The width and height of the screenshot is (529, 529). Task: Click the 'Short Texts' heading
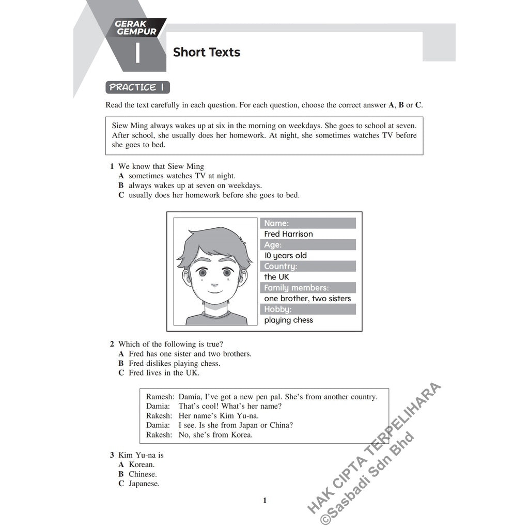click(206, 52)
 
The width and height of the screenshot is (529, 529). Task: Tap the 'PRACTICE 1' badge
click(137, 87)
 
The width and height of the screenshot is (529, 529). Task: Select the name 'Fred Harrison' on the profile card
click(288, 234)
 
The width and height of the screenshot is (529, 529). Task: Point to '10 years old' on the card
click(285, 256)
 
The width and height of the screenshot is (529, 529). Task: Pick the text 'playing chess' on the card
click(288, 320)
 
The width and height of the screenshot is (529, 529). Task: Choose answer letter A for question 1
click(121, 176)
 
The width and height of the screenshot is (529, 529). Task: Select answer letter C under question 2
click(121, 373)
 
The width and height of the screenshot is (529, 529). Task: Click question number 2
click(112, 344)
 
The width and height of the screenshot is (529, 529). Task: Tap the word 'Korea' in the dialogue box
click(241, 435)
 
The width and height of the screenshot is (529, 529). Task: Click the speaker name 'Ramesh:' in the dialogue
click(160, 397)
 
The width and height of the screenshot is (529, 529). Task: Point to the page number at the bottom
click(264, 500)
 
